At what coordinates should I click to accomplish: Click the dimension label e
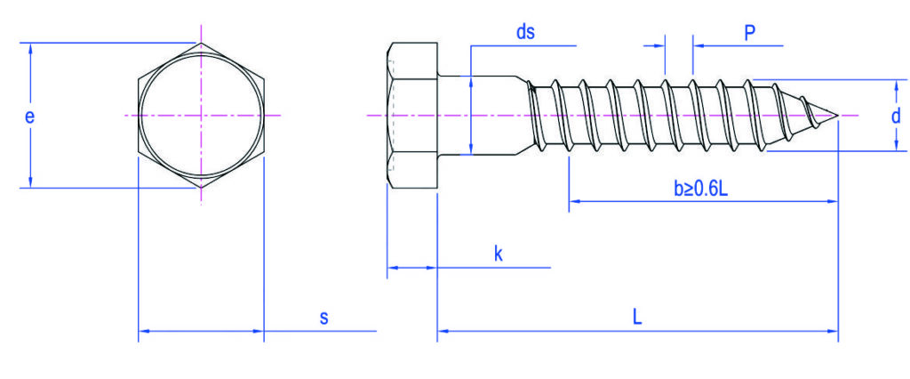29,117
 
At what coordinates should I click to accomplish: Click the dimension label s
324,318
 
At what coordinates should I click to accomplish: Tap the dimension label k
498,254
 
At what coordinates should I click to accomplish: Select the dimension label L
637,317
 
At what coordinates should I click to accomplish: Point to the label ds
525,32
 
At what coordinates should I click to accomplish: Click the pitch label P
749,33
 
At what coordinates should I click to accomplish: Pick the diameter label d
896,116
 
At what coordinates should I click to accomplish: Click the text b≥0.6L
700,189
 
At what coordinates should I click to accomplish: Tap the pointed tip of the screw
838,115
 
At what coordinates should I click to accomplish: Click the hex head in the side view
412,115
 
